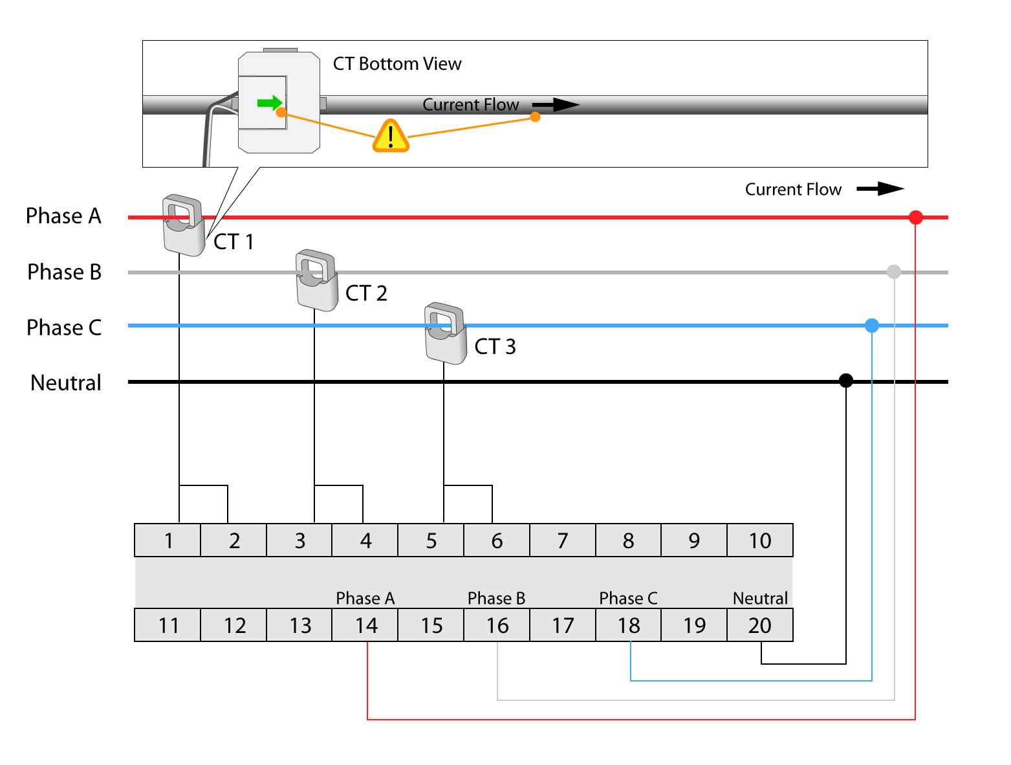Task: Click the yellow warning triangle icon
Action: coord(391,136)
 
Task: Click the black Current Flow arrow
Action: coord(556,105)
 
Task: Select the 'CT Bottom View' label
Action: coord(397,64)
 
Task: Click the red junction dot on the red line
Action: coord(915,217)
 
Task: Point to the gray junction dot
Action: coord(893,272)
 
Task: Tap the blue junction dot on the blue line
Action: coord(872,326)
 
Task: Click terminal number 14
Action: coord(365,625)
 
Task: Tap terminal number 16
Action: coord(497,625)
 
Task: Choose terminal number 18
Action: coord(628,625)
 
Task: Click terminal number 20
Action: coord(759,625)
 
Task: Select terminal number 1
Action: coord(168,540)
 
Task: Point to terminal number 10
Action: coord(759,540)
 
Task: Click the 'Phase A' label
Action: coord(365,598)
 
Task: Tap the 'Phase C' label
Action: coord(628,598)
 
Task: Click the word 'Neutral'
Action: coord(760,598)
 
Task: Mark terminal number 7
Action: coord(562,540)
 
